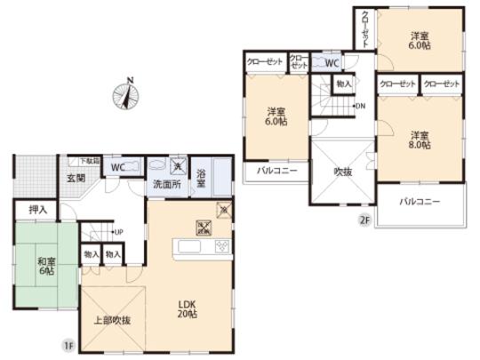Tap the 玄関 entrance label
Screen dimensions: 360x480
click(76, 177)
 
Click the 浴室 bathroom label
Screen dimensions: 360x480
click(202, 179)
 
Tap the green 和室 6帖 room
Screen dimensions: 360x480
click(46, 266)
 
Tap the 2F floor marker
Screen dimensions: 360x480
click(364, 219)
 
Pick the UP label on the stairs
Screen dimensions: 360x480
click(117, 233)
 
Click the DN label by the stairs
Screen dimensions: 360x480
click(359, 107)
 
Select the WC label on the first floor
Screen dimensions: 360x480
click(118, 166)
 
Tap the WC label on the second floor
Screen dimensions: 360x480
click(331, 64)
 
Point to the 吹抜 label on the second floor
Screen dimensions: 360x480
click(343, 171)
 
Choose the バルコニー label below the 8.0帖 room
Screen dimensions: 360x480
click(420, 203)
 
